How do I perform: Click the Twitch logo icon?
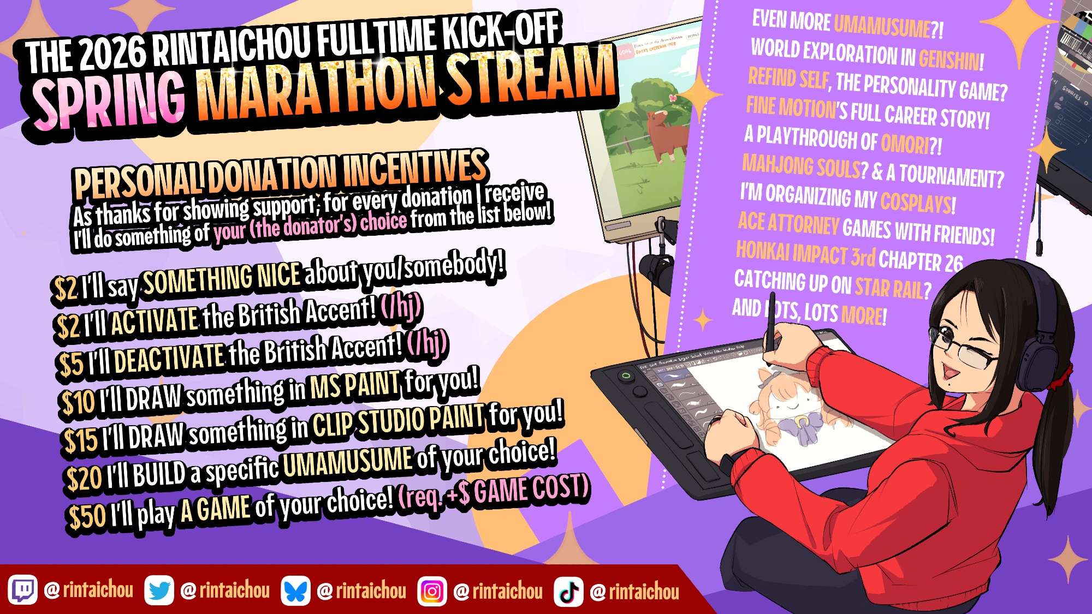point(22,590)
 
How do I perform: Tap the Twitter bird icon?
point(159,590)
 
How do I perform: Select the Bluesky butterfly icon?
point(295,591)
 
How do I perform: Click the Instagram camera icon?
point(432,591)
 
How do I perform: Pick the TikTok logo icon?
point(568,592)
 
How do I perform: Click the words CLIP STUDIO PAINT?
point(398,421)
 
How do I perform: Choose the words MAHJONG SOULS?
point(801,166)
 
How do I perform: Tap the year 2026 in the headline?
point(113,53)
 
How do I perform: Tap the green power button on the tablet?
point(626,375)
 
